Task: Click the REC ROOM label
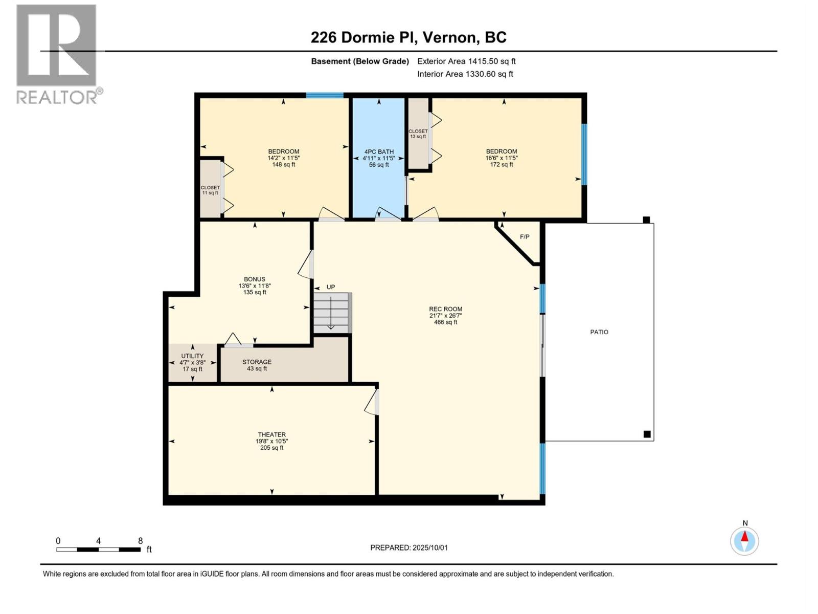coord(445,309)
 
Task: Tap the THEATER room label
coord(271,435)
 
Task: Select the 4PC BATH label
coord(379,152)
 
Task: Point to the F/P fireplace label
coord(525,237)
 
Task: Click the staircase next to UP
coord(332,313)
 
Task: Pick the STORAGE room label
coord(257,362)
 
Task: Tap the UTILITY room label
coord(192,356)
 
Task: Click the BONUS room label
coord(255,279)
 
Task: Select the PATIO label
coord(599,332)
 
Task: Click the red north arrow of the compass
coord(744,536)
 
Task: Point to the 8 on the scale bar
coord(140,541)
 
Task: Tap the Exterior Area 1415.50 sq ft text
coord(466,61)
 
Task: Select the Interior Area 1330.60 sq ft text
coord(465,74)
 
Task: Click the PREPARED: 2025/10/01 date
coord(409,547)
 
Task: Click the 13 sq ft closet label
coord(418,137)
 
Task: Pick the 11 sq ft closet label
coord(210,193)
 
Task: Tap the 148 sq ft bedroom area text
coord(284,164)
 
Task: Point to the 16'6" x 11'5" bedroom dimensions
coord(501,158)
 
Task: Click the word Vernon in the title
coord(450,37)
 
